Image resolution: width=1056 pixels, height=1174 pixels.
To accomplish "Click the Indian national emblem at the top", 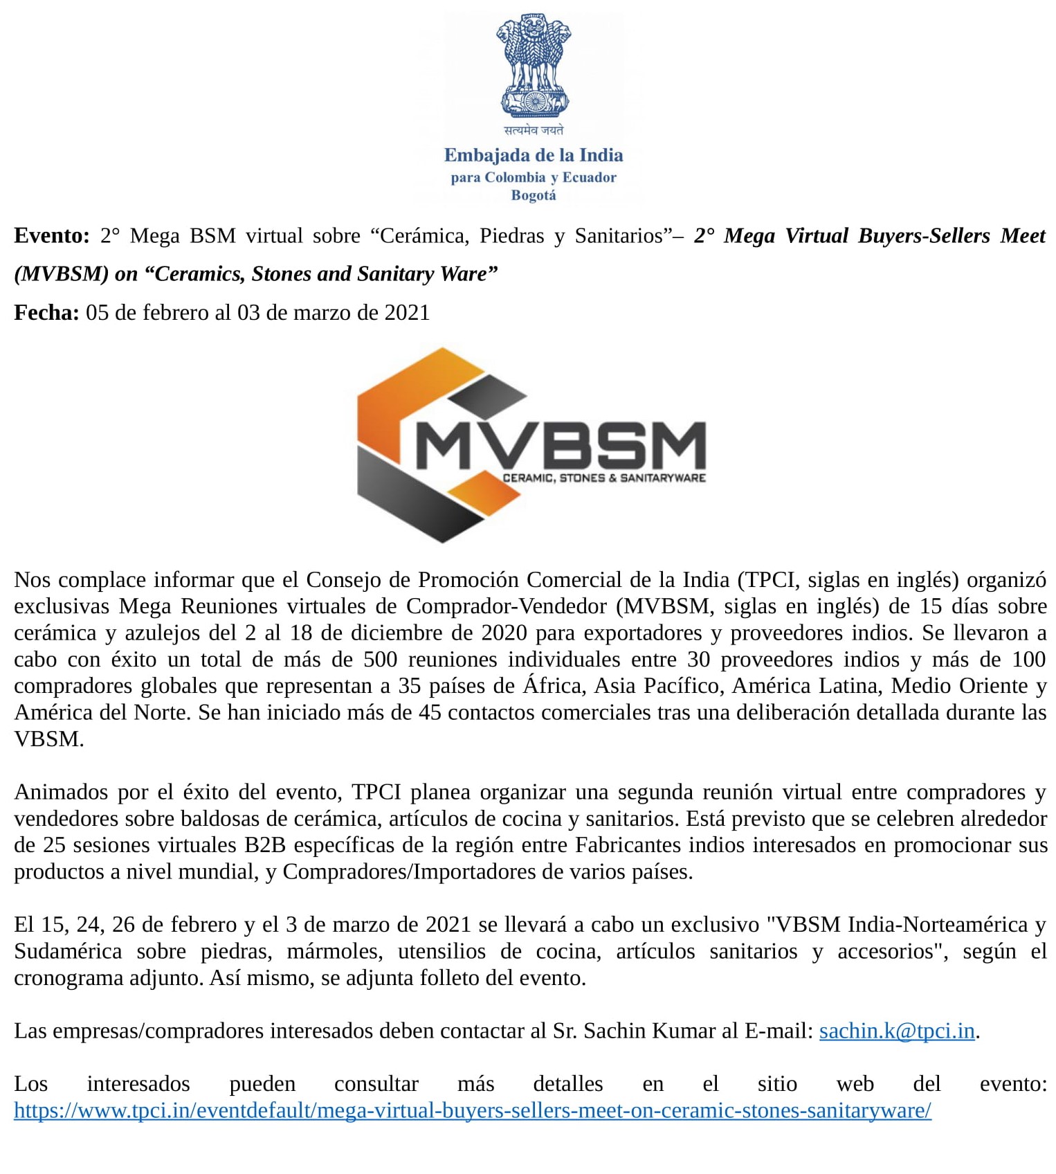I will [x=534, y=65].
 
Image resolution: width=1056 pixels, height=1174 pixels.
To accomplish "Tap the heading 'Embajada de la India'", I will [x=534, y=155].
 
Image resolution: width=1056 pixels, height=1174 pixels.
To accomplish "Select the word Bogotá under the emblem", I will [x=534, y=195].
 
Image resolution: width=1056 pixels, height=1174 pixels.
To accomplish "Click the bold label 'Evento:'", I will [x=52, y=236].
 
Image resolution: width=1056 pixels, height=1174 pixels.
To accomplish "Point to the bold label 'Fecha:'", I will [x=46, y=313].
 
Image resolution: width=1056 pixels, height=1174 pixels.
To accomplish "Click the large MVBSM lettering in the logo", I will [x=561, y=446].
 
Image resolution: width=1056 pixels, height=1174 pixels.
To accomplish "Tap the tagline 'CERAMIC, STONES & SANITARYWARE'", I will [x=604, y=478].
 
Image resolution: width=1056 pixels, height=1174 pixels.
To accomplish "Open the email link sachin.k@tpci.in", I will [x=897, y=1031].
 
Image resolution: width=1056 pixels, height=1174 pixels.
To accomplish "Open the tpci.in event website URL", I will [x=473, y=1111].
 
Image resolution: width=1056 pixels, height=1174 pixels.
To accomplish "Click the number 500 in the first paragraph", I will [x=381, y=660].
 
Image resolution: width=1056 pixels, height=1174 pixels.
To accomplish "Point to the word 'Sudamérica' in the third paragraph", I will [x=68, y=952].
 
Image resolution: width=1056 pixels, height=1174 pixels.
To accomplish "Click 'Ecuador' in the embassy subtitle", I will [x=589, y=178].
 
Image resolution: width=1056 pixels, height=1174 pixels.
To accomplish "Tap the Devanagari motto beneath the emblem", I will [x=534, y=130].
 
